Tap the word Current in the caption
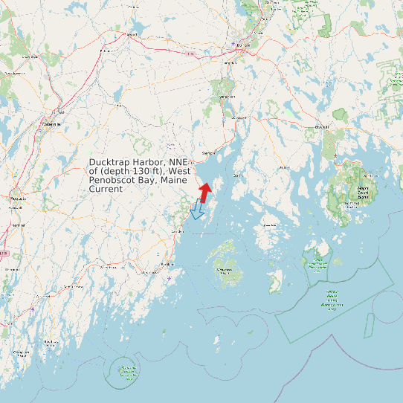coord(106,190)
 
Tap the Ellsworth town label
coord(321,126)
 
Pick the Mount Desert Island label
coord(363,191)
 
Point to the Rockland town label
coord(168,264)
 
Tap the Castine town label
coord(239,175)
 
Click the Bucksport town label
coord(239,117)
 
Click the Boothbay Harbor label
coord(51,342)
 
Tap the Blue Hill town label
coord(283,168)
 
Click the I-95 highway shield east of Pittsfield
coord(193,54)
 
